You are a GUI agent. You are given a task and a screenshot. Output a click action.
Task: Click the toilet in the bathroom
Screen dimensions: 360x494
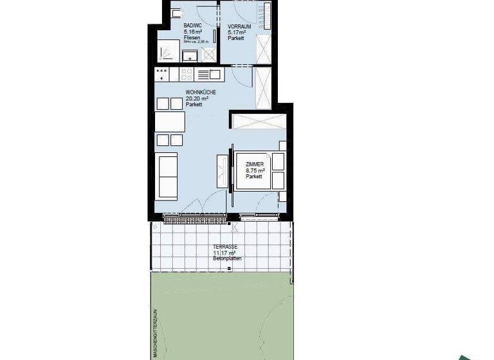pos(175,15)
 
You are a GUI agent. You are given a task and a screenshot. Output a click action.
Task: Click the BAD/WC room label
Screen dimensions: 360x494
pos(193,26)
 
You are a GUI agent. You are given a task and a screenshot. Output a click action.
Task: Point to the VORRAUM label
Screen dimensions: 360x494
pos(239,26)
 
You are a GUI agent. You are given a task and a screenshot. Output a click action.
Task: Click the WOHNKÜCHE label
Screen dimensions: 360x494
pos(200,93)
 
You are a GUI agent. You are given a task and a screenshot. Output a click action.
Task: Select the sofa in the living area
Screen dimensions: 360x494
pos(168,176)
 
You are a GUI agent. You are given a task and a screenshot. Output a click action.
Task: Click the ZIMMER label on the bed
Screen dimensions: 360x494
pos(255,165)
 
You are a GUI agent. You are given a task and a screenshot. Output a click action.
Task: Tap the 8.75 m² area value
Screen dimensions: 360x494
pos(255,171)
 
